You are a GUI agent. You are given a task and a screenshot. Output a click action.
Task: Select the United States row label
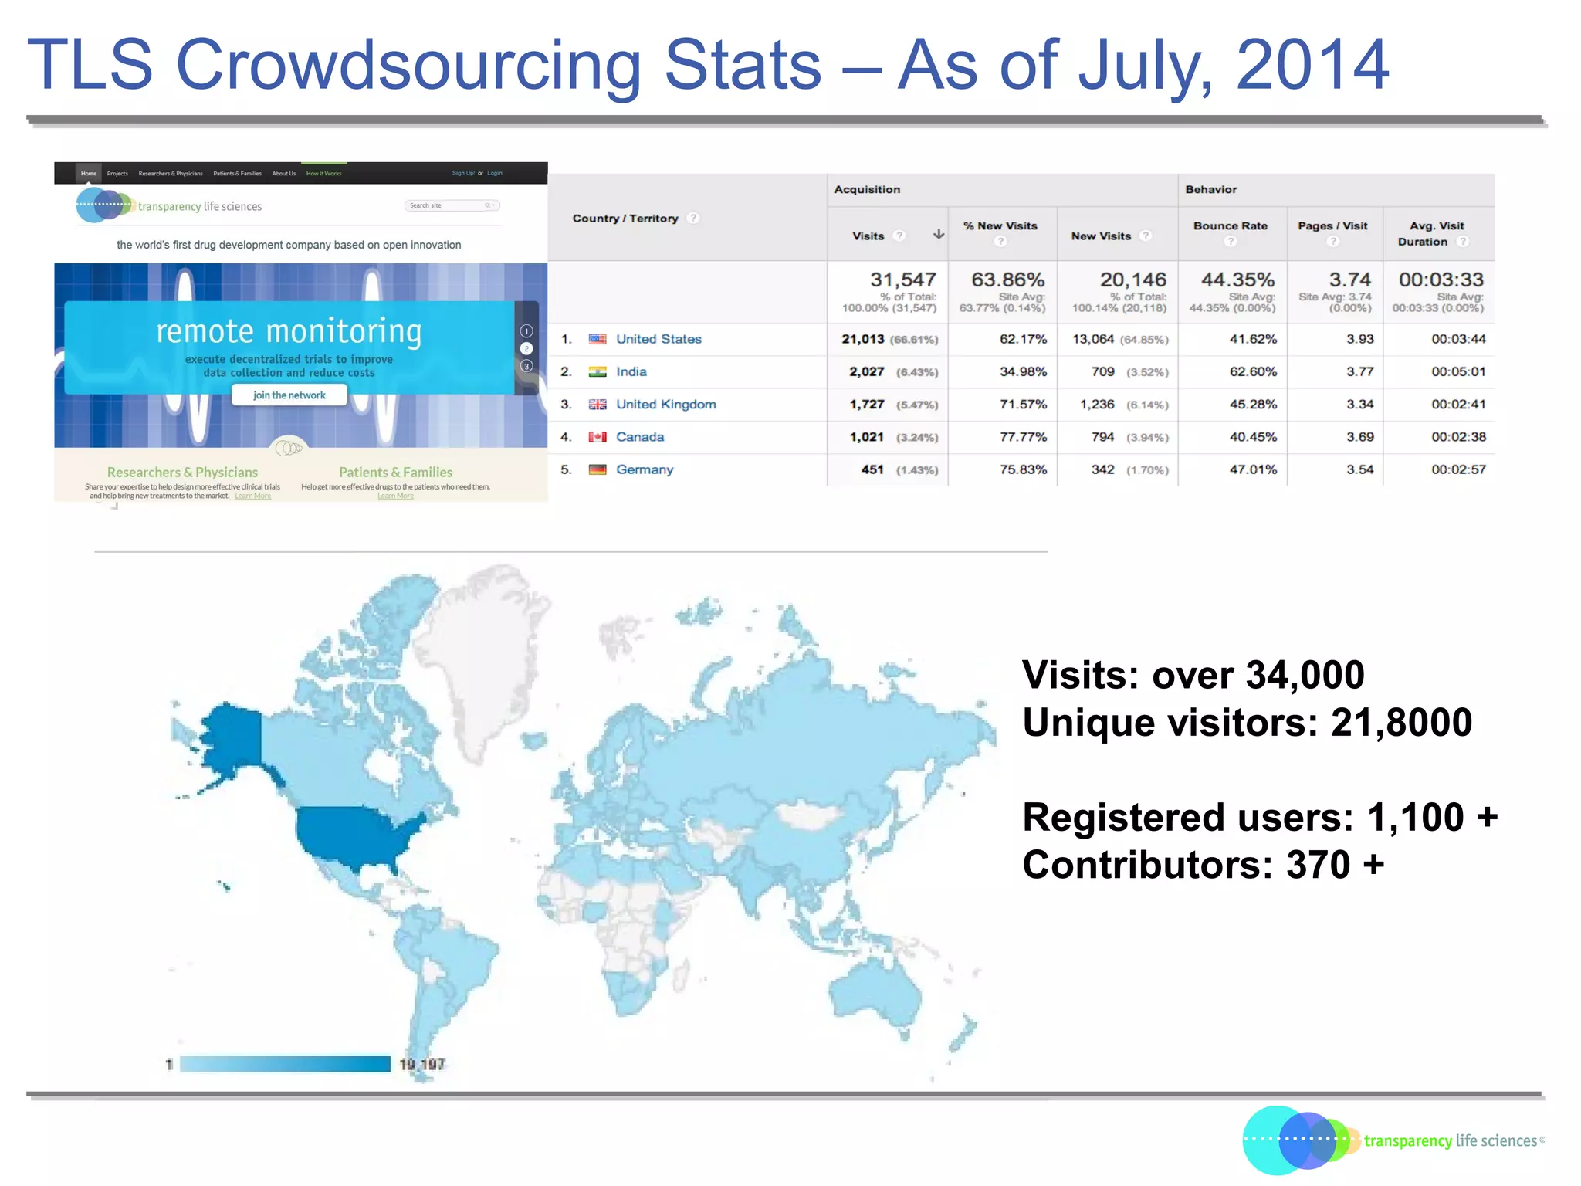coord(658,339)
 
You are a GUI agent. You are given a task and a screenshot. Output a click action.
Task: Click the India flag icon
coord(597,372)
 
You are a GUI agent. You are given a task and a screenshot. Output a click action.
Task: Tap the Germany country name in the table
coord(644,469)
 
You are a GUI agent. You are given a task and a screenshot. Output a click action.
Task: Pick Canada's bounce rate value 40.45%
coord(1252,437)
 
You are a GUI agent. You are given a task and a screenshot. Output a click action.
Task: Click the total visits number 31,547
coord(902,280)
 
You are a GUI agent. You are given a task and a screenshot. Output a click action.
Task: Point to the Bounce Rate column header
coord(1230,226)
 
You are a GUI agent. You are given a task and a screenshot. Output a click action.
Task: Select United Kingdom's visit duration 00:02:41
coord(1457,405)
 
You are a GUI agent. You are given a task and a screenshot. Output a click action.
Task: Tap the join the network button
coord(289,395)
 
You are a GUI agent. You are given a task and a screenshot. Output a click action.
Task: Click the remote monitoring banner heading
coord(289,331)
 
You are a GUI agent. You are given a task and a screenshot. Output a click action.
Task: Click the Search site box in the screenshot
coord(452,205)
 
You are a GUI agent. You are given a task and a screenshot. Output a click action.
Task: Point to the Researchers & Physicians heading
coord(182,472)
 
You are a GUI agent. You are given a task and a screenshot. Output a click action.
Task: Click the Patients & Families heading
coord(395,472)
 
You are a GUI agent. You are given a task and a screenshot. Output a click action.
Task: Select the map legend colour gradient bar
coord(285,1064)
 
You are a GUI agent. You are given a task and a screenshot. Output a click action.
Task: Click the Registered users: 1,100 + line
coord(1259,817)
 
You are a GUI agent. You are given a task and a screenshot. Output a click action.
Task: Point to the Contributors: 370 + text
coord(1203,865)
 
